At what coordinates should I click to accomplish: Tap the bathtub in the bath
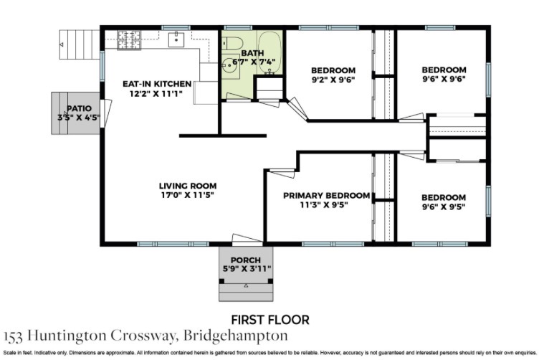[x=269, y=52]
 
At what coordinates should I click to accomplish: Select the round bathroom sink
[x=228, y=65]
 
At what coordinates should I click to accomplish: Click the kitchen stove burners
[x=129, y=40]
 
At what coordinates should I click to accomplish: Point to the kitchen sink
[x=176, y=39]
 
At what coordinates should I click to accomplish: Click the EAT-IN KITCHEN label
[x=157, y=84]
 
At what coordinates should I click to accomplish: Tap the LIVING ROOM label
[x=188, y=186]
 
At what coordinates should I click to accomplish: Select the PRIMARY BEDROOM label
[x=327, y=196]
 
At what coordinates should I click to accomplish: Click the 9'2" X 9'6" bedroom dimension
[x=333, y=80]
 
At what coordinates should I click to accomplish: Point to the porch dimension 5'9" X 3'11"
[x=247, y=268]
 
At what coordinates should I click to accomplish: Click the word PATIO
[x=79, y=109]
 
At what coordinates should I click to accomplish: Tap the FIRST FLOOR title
[x=270, y=320]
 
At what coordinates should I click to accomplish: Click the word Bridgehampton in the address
[x=236, y=336]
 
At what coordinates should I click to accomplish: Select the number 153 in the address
[x=13, y=336]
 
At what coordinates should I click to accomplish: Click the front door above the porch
[x=247, y=240]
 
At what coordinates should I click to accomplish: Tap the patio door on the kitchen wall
[x=106, y=112]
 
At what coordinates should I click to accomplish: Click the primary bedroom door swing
[x=282, y=173]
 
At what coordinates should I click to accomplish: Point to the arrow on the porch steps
[x=246, y=285]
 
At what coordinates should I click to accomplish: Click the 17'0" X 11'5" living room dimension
[x=188, y=195]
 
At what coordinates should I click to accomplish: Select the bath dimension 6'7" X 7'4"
[x=254, y=62]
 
